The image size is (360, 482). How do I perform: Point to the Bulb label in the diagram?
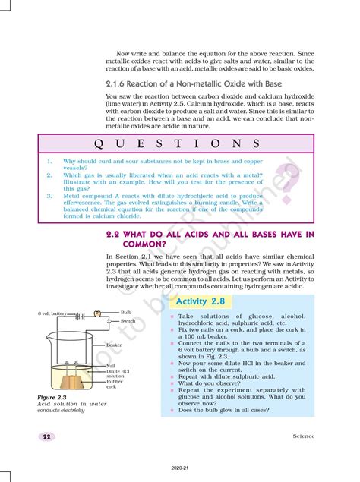coord(127,313)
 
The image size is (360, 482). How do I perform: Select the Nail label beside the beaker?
coord(111,366)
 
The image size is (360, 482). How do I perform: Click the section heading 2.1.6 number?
coord(116,83)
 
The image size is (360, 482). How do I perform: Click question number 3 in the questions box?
coord(49,195)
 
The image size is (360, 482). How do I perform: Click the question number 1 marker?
coord(49,162)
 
